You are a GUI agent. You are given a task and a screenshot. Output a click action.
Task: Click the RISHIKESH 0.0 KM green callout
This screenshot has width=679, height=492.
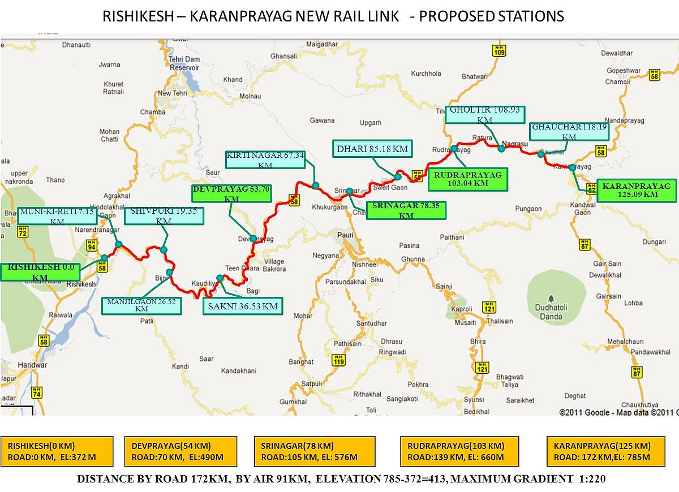click(x=40, y=271)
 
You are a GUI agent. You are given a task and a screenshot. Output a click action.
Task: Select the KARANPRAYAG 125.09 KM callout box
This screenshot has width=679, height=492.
click(x=635, y=190)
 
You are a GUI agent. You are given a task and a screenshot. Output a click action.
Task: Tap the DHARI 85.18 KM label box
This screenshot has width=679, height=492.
click(x=372, y=150)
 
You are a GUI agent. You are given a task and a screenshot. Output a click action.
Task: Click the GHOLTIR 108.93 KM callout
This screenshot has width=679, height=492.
click(x=485, y=114)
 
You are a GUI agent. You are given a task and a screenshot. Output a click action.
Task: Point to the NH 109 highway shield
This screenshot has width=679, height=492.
click(x=498, y=50)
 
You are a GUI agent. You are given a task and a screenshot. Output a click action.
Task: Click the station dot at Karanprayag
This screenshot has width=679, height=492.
click(x=573, y=167)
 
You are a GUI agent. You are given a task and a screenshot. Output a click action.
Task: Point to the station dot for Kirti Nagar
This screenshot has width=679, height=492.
click(x=315, y=185)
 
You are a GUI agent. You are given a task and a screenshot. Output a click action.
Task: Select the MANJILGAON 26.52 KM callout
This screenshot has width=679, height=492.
click(x=141, y=305)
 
